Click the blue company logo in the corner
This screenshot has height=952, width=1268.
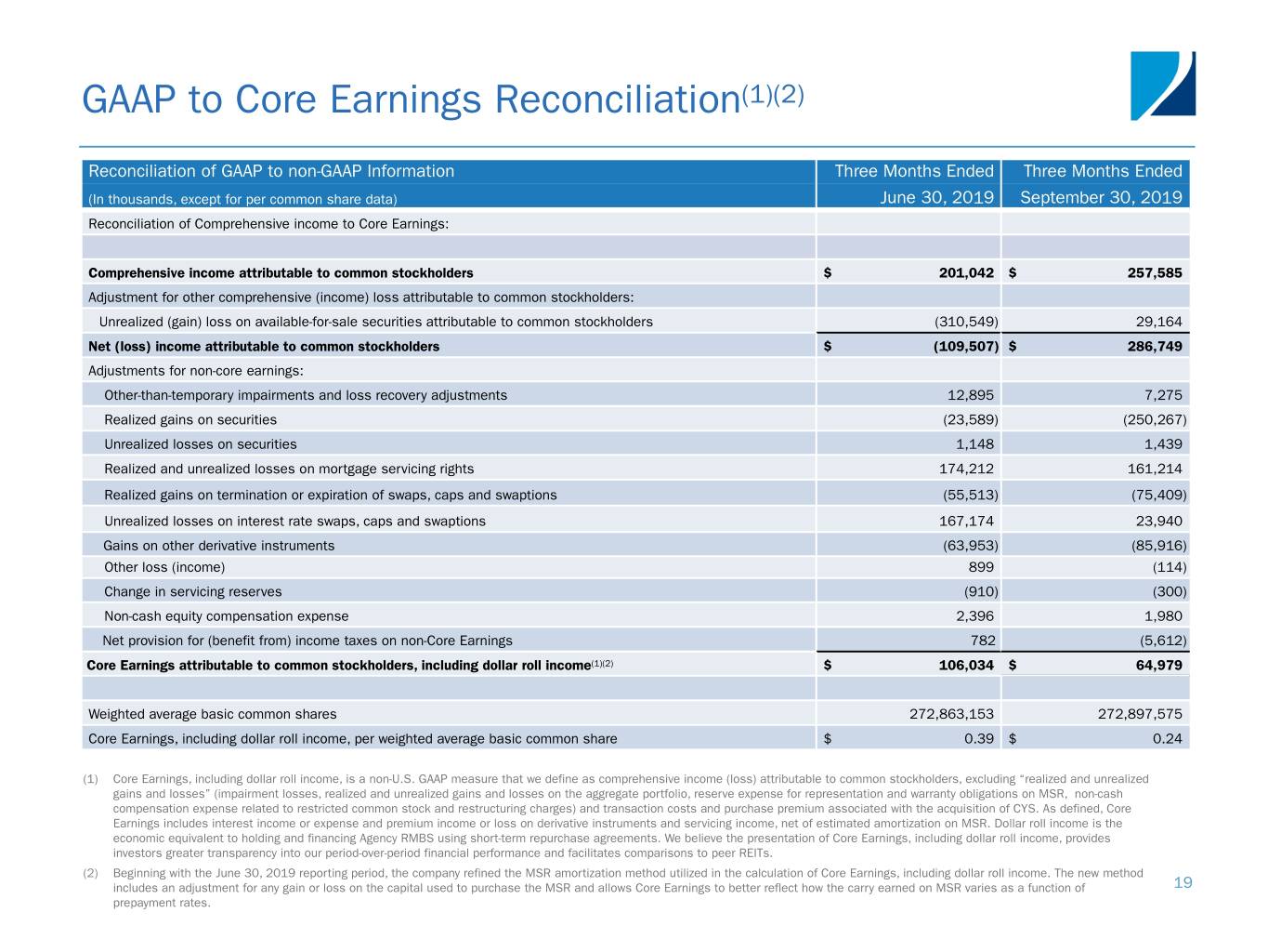point(1162,86)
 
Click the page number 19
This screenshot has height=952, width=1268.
point(1183,882)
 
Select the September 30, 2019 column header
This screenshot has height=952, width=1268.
point(1101,197)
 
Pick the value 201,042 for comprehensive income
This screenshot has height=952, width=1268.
point(966,272)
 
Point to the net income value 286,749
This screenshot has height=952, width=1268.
point(1155,346)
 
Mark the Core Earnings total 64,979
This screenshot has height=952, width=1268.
point(1155,665)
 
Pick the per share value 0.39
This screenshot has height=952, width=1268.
point(979,738)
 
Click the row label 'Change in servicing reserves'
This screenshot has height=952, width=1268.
point(192,591)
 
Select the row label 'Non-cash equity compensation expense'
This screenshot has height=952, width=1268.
point(226,615)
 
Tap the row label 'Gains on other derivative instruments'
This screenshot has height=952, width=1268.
point(218,546)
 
